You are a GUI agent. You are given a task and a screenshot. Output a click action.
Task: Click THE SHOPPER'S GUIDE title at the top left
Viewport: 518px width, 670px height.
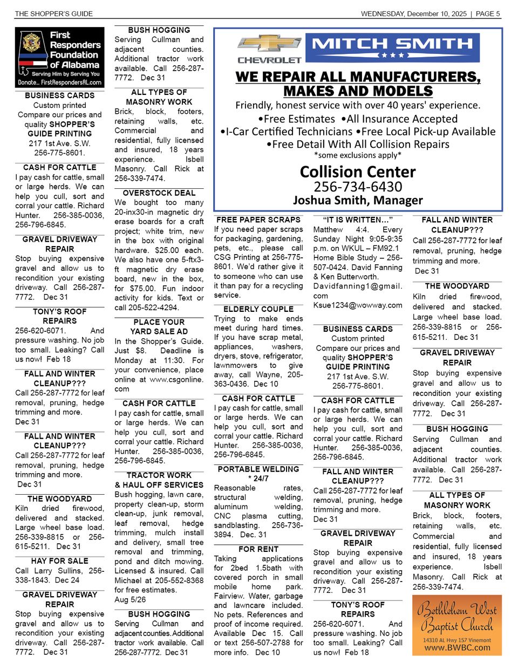point(54,13)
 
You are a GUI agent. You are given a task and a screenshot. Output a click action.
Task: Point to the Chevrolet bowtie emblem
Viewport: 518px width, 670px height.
point(270,44)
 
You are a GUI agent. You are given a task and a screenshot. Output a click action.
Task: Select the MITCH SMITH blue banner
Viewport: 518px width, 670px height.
point(392,47)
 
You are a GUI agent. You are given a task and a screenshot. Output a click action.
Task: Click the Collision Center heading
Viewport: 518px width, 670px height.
point(358,172)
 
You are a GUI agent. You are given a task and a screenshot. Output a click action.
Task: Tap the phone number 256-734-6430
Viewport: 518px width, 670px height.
point(358,187)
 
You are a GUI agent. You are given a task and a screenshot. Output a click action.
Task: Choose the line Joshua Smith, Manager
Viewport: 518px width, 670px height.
point(358,200)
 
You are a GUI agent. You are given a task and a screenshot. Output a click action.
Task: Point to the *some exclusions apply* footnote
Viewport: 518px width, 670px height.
point(358,155)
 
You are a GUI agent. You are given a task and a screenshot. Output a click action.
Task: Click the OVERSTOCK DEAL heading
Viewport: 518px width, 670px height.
point(159,193)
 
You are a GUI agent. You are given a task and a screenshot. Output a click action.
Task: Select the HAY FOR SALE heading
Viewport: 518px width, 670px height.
point(60,561)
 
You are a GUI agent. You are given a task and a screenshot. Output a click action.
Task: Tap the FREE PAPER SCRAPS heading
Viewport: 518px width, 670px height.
point(258,220)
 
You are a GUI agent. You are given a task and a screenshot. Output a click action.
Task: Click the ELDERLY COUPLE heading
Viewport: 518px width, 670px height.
point(258,309)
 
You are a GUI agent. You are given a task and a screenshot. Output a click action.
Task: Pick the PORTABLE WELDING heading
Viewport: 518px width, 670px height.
point(258,469)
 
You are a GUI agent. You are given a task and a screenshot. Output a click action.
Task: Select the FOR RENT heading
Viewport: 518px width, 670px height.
point(258,549)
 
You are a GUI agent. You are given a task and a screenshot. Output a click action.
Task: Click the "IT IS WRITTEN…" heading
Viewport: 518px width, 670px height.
point(358,220)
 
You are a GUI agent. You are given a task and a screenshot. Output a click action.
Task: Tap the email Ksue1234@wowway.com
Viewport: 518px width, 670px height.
point(358,305)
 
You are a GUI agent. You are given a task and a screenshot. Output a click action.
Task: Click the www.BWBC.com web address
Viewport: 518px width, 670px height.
point(457,648)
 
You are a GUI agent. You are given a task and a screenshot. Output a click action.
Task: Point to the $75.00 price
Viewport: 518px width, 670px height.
point(140,288)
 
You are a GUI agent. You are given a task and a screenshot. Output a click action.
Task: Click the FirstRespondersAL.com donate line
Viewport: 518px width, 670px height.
point(60,83)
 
